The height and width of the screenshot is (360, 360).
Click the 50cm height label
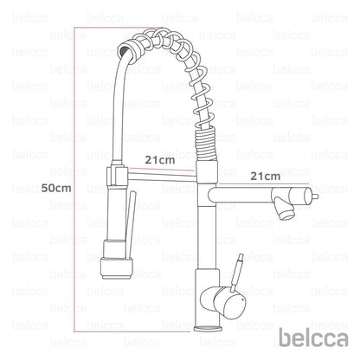(56, 188)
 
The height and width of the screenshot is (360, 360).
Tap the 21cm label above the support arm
(160, 160)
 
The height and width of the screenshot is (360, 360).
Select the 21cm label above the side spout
(265, 176)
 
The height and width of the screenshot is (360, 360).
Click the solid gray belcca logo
(313, 338)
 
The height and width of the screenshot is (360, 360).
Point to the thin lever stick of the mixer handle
(236, 272)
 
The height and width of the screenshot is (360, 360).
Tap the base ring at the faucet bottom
(209, 328)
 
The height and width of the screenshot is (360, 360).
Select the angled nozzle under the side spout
(284, 209)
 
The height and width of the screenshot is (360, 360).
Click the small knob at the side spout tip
(315, 196)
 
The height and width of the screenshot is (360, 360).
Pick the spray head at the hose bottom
(118, 260)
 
